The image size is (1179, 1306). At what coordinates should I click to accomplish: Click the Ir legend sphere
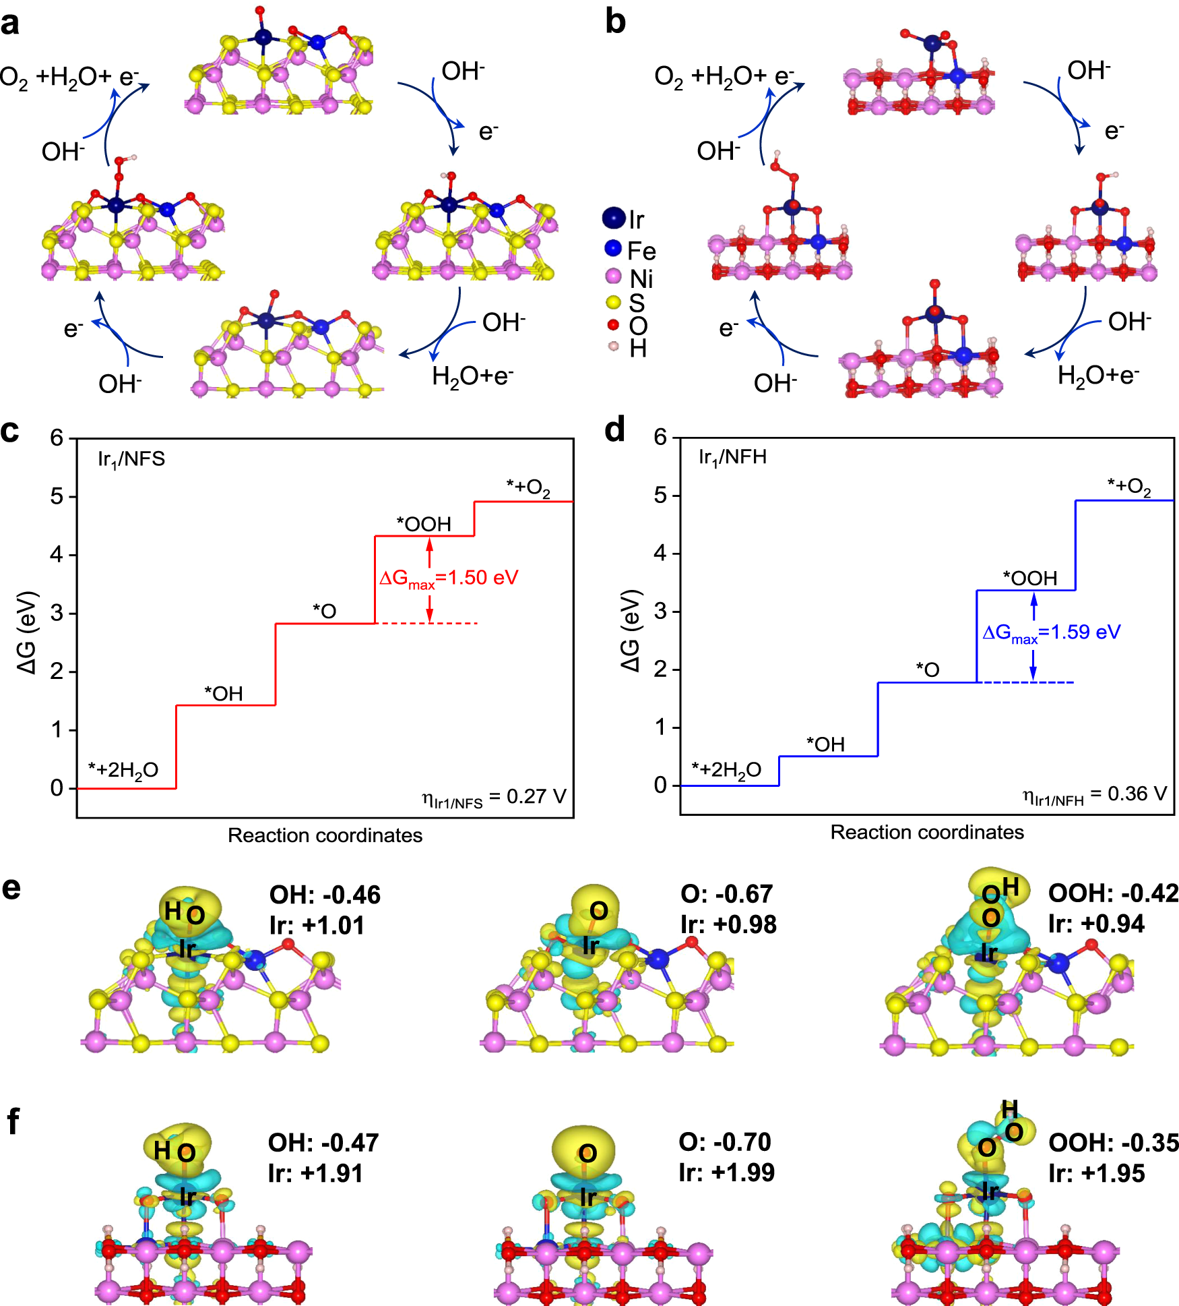point(614,218)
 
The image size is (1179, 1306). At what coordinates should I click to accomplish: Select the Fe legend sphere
point(612,248)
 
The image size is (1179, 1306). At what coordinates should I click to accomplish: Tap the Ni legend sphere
point(613,276)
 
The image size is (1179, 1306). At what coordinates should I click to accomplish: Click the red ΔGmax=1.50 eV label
point(449,578)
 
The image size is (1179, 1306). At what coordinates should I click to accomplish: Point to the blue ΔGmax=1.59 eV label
point(1052,633)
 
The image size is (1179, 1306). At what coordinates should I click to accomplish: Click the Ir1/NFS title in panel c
point(131,460)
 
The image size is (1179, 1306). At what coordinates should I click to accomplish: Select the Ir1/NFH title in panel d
point(732,458)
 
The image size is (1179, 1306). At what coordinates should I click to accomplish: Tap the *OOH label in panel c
point(424,524)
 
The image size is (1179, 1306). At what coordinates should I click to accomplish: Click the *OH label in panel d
point(825,744)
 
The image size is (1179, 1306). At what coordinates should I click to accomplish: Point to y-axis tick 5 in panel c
point(57,497)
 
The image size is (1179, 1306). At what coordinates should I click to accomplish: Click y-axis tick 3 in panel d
point(660,612)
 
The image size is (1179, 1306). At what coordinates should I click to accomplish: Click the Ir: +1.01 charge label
point(317,925)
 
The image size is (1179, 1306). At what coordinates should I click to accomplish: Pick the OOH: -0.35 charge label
point(1114,1143)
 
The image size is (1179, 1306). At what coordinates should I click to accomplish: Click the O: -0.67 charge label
point(726,894)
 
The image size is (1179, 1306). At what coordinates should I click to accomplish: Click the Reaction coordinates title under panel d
point(926,832)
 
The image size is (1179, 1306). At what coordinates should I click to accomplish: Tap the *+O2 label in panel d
point(1129,486)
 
